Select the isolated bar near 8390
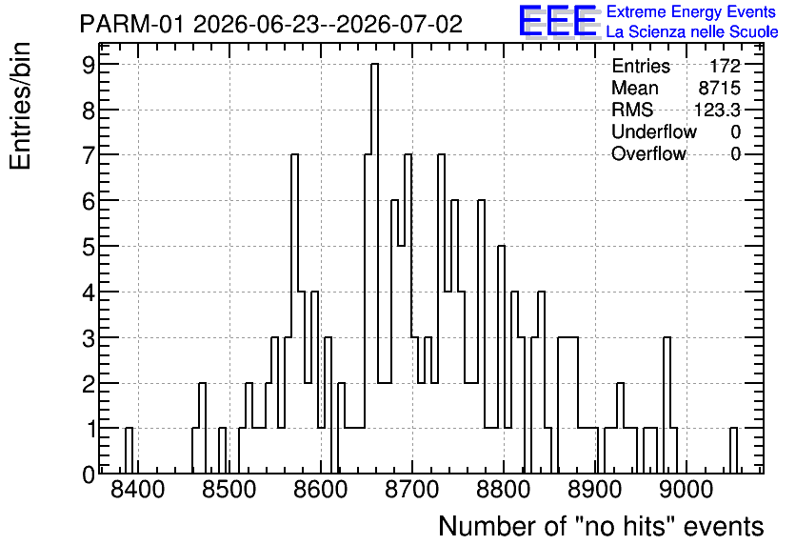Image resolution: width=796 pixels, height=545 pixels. click(129, 451)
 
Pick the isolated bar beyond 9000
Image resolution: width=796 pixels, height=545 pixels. click(733, 451)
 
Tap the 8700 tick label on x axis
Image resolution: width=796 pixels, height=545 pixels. click(411, 491)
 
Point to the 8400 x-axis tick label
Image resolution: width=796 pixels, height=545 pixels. click(137, 491)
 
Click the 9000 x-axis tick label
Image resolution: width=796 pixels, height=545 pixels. click(687, 491)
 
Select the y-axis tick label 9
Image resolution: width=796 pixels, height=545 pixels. click(89, 65)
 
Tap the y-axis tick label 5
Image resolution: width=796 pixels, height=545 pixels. click(89, 247)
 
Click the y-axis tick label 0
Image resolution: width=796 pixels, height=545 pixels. click(89, 474)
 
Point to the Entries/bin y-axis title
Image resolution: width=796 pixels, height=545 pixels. click(20, 106)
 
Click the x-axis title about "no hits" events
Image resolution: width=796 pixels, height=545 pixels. click(601, 526)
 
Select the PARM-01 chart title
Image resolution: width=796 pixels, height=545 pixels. click(271, 24)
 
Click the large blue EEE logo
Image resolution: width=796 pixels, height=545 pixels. click(558, 21)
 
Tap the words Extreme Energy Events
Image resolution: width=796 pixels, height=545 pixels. click(691, 11)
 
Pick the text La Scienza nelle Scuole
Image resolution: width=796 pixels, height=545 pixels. click(692, 32)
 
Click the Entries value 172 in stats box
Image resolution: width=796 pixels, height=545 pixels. click(725, 66)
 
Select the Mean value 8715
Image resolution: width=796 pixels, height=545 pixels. click(719, 88)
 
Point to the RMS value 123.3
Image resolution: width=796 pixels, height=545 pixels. click(717, 110)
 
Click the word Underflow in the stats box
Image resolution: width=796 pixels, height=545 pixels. click(654, 131)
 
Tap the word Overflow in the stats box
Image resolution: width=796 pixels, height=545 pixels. click(648, 153)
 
